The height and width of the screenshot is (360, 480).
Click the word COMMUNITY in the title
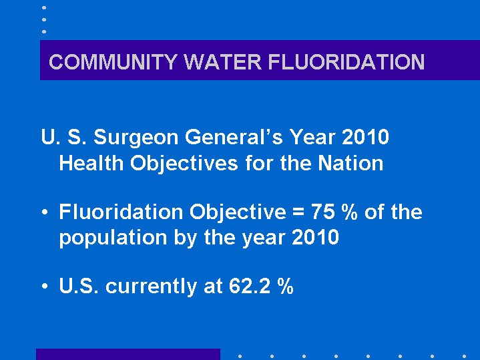tap(113, 62)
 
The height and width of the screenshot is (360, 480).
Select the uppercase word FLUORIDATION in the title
tap(346, 62)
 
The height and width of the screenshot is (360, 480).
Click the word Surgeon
tap(136, 138)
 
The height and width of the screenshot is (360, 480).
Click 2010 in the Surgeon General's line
tap(366, 137)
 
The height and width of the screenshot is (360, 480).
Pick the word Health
tap(91, 163)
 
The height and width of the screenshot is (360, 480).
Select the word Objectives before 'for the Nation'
tap(184, 164)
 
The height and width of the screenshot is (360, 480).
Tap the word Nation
tap(350, 163)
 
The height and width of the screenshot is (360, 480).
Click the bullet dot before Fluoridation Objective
tap(45, 212)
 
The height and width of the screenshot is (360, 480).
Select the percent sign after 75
tap(350, 212)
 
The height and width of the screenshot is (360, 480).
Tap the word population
tap(113, 238)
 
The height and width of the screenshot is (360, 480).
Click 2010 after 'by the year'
tap(315, 237)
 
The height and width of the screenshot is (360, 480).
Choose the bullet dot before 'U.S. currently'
tap(45, 286)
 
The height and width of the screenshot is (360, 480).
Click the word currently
tap(151, 287)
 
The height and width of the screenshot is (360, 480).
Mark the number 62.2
tap(250, 286)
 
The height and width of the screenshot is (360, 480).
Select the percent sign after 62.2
tap(286, 286)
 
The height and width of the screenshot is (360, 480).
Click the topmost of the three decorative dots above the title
tap(44, 7)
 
